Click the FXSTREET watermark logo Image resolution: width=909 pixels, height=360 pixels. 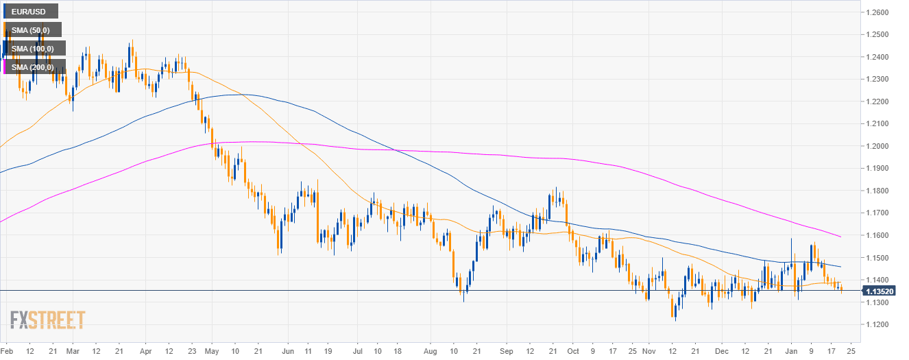(47, 320)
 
